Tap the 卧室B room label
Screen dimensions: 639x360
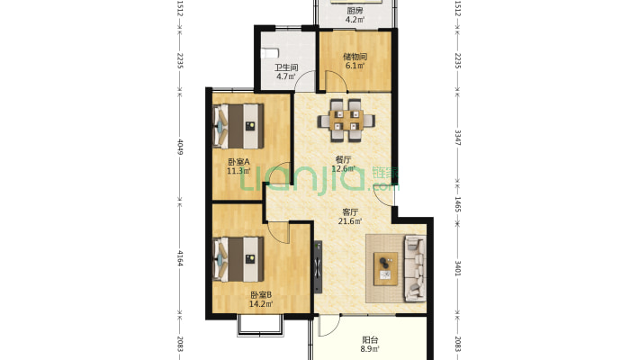pos(261,295)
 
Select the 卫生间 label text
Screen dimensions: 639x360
pos(286,67)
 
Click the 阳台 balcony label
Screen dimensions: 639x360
pos(370,339)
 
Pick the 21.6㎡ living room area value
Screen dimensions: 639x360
pos(350,221)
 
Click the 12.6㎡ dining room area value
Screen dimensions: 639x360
pos(343,168)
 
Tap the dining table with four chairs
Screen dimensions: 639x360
pos(346,121)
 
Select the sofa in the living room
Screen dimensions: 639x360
pos(415,269)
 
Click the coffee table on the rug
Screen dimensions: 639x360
pos(386,268)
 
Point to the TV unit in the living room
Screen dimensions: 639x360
pos(319,266)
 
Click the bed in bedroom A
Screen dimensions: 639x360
pos(238,126)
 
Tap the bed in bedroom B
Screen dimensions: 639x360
pos(238,259)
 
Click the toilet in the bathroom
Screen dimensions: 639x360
pos(270,53)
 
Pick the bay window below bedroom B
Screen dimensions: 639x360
pos(260,326)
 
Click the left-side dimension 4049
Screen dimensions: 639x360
pos(180,148)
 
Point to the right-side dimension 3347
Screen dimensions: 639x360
pos(458,138)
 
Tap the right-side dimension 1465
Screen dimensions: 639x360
pos(458,204)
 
